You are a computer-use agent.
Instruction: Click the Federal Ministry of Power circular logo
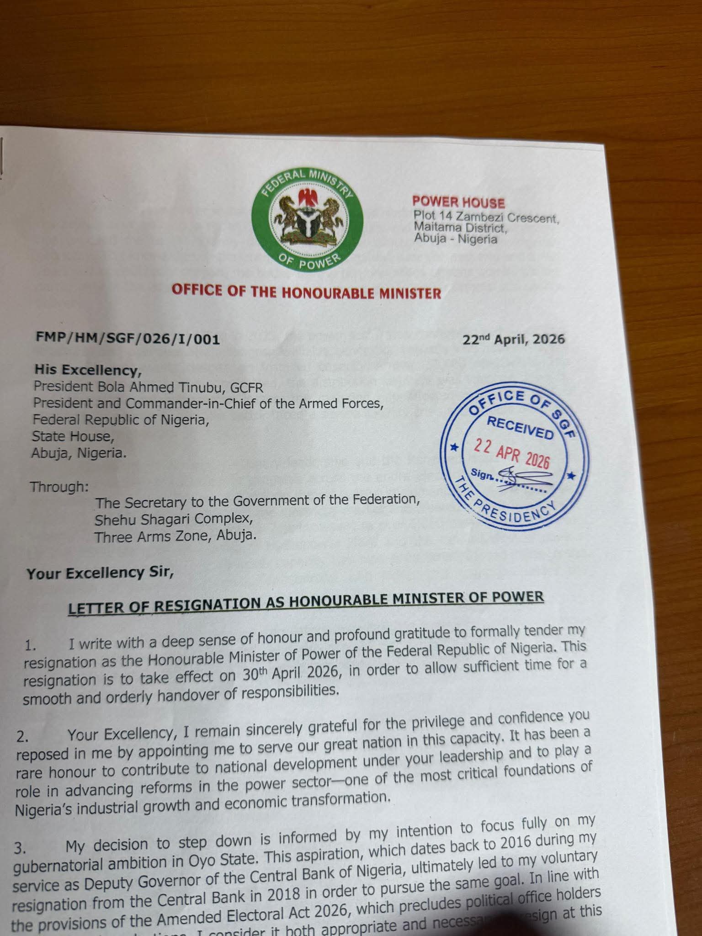coord(307,218)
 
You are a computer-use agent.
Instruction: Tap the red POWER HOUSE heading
coord(458,202)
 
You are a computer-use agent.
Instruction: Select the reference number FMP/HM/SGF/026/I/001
coord(128,339)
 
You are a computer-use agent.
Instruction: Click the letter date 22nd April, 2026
coord(513,339)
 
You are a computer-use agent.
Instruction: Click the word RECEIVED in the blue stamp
coord(520,428)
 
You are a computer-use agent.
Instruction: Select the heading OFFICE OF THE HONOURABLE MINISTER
coord(306,292)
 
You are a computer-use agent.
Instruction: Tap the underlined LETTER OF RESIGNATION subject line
coord(306,602)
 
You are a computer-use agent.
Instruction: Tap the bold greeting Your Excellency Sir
coord(100,572)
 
